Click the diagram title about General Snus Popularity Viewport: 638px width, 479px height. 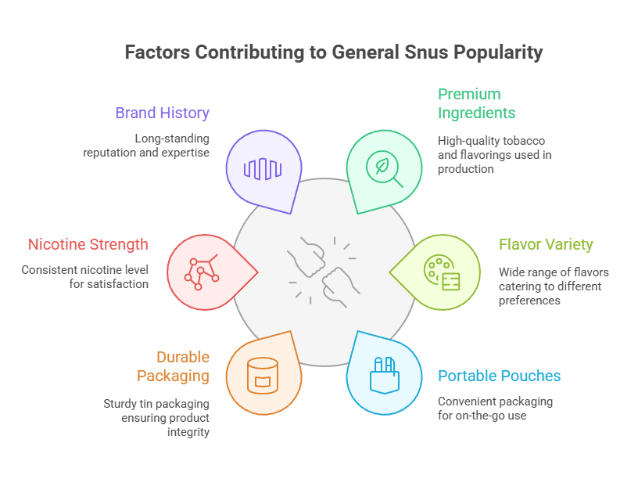[x=333, y=53]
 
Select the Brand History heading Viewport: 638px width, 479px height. [x=162, y=113]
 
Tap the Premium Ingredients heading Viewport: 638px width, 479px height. [x=476, y=103]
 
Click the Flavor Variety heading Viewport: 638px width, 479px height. [x=546, y=244]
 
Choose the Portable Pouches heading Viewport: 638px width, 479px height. [x=499, y=376]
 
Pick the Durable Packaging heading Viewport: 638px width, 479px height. [x=173, y=366]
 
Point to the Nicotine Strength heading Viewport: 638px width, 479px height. [x=88, y=244]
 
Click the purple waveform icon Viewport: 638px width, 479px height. [x=262, y=168]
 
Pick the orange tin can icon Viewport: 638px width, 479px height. [x=263, y=375]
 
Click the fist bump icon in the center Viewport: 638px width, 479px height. [x=320, y=269]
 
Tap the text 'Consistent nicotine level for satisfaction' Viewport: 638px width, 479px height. [x=84, y=277]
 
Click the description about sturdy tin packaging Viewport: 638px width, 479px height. [x=156, y=418]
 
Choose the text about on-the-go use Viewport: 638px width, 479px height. [x=495, y=409]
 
